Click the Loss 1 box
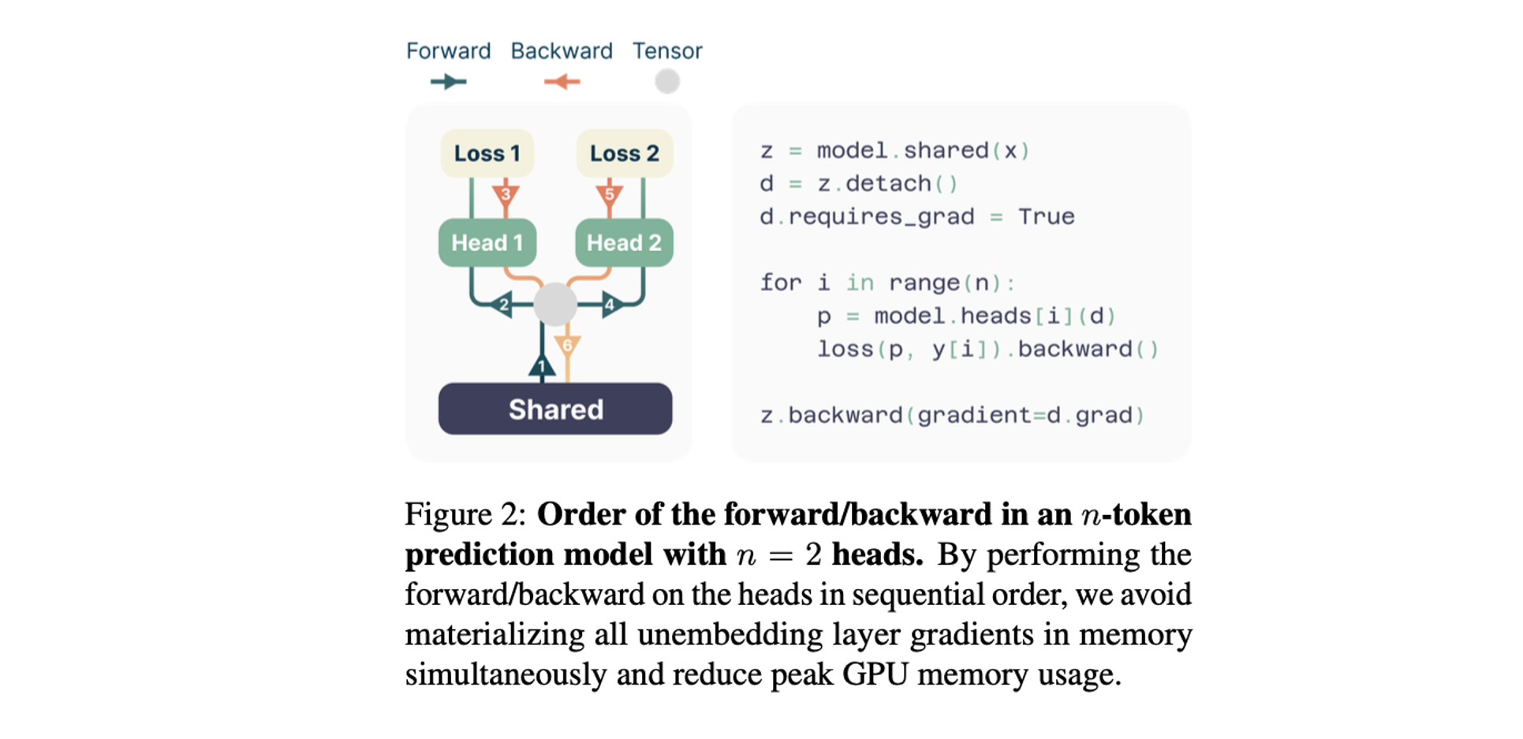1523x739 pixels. click(x=487, y=153)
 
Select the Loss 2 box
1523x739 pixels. click(x=624, y=153)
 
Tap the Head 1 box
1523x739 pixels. click(x=487, y=242)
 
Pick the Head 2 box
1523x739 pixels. click(x=624, y=242)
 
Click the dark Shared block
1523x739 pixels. click(x=555, y=409)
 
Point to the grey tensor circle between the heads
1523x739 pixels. click(x=555, y=304)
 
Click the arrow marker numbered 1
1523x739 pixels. click(x=542, y=366)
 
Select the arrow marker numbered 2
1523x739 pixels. click(x=502, y=304)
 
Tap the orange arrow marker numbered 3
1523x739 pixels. click(x=506, y=193)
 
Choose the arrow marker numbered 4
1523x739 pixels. click(x=610, y=304)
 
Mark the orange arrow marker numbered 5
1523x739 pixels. click(x=609, y=193)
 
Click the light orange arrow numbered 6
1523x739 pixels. click(x=567, y=345)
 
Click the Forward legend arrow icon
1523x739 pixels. click(x=448, y=81)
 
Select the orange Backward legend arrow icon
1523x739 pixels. click(x=562, y=81)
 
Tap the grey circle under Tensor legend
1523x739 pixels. click(x=667, y=81)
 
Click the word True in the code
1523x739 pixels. click(x=1046, y=216)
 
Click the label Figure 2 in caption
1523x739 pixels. click(x=465, y=514)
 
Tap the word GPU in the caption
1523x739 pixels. click(x=875, y=674)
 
